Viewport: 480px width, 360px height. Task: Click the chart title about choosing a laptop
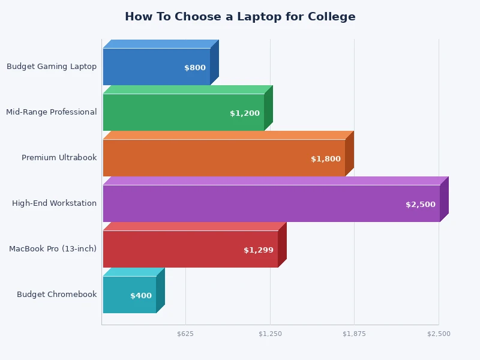tap(240, 17)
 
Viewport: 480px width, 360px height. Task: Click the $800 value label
tap(195, 68)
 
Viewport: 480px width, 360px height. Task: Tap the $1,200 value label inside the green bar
tap(245, 113)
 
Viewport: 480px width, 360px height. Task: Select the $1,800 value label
tap(326, 159)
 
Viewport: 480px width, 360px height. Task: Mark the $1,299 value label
tap(259, 250)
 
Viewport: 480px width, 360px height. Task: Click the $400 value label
tap(141, 296)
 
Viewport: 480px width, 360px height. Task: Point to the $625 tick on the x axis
tap(185, 334)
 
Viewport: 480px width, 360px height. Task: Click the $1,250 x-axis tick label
tap(270, 334)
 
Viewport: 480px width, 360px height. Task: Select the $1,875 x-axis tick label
tap(354, 334)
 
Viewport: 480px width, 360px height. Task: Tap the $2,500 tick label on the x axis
tap(439, 334)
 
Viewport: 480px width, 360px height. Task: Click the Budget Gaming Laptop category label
tap(52, 67)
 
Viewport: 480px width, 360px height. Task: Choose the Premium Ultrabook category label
tap(59, 158)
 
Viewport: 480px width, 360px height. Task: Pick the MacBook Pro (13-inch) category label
tap(53, 249)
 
